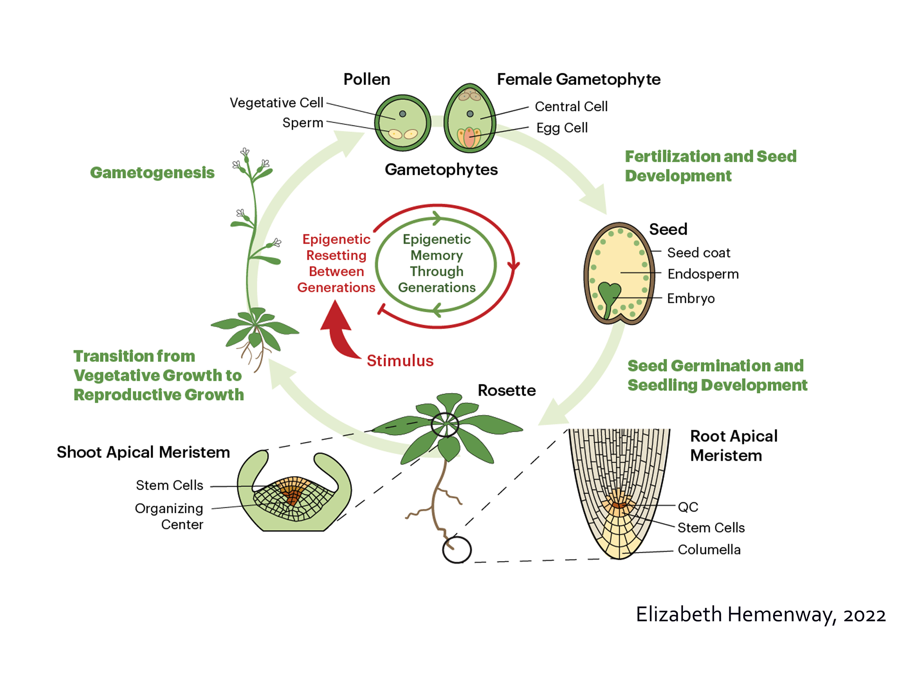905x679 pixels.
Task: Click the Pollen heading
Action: pos(367,79)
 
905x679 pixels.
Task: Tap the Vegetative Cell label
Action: pos(276,103)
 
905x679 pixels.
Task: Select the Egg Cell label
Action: pos(562,128)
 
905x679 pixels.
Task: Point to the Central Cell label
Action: pos(571,107)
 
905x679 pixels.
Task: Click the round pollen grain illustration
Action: pos(403,123)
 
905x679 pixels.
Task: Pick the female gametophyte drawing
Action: pos(469,119)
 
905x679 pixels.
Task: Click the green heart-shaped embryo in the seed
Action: pos(609,295)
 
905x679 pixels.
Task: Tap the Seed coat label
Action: pos(699,253)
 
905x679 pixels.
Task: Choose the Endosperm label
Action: pos(703,274)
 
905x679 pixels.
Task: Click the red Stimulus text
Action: pos(400,361)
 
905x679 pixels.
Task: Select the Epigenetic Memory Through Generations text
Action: pos(436,263)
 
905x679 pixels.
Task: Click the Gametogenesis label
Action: pos(152,173)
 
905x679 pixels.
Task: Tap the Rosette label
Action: pos(507,390)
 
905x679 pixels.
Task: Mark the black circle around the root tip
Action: pos(457,550)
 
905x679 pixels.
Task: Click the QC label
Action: pos(688,507)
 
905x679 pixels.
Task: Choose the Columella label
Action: pos(709,550)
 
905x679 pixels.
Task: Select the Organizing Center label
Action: pos(170,516)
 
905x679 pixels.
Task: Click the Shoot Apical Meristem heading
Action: pos(143,452)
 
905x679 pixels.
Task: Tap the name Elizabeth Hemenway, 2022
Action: pos(760,615)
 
